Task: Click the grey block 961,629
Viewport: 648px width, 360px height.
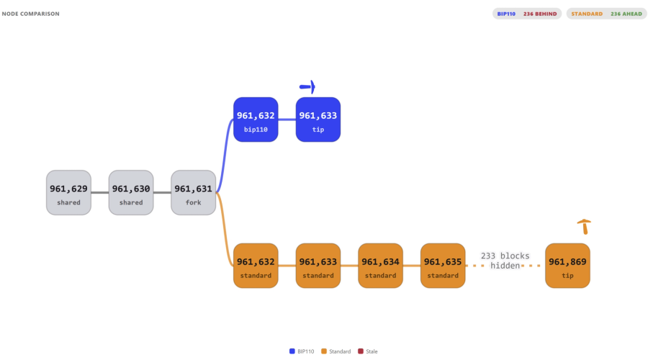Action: [x=68, y=193]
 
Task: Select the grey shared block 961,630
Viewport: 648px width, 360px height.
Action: [x=131, y=193]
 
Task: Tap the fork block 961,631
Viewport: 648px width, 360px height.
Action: [x=194, y=193]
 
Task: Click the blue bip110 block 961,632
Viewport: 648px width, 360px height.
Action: [x=256, y=120]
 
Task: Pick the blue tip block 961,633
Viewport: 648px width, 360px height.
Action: [x=318, y=120]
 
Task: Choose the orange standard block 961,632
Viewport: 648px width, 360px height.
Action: [x=256, y=266]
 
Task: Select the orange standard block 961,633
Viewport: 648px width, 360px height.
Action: [x=318, y=266]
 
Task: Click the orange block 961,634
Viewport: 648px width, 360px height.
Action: [x=381, y=266]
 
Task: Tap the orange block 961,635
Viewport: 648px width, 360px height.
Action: [x=443, y=266]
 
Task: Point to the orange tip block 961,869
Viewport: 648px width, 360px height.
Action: [x=567, y=266]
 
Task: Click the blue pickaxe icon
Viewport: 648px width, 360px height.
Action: [x=308, y=87]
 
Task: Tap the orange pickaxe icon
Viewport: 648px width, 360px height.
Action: [x=585, y=227]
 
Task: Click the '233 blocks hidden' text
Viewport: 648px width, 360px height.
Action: [x=505, y=261]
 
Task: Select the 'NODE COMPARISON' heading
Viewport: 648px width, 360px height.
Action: [x=30, y=14]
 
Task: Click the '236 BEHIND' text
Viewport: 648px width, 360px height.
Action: [x=540, y=14]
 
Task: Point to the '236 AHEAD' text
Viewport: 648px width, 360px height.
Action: [x=626, y=14]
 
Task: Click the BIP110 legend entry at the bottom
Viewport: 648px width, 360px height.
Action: [x=302, y=351]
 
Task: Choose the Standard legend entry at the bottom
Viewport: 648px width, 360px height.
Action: [x=336, y=351]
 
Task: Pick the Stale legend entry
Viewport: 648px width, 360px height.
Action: [x=368, y=351]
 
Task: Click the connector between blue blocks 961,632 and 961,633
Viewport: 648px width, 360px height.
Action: [x=287, y=120]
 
